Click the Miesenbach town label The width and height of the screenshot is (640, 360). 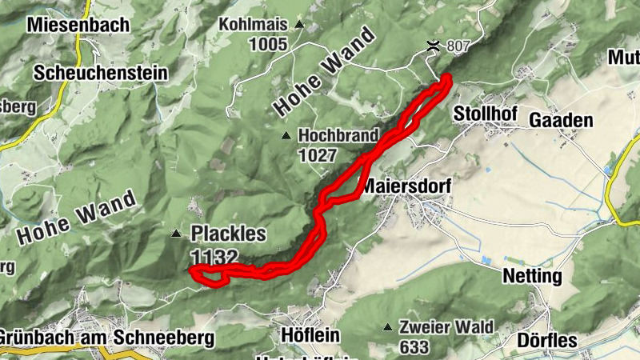[x=78, y=25]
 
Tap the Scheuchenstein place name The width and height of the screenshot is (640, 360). [x=101, y=73]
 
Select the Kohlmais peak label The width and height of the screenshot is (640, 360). [x=254, y=25]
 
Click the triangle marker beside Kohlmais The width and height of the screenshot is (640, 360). [x=299, y=25]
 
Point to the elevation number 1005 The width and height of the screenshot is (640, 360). [x=267, y=44]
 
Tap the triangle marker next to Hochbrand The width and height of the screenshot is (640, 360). [x=286, y=134]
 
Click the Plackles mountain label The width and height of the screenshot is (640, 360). [x=227, y=234]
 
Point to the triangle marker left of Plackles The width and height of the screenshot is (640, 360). [x=176, y=234]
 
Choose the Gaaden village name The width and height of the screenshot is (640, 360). [x=561, y=121]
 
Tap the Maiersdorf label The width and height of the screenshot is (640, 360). [x=406, y=186]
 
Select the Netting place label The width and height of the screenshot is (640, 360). [x=532, y=277]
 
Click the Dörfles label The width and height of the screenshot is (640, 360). [x=547, y=340]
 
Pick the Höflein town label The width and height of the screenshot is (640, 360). [x=311, y=334]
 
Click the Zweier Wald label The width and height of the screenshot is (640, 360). [x=449, y=327]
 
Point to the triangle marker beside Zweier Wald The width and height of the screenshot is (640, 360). [x=388, y=327]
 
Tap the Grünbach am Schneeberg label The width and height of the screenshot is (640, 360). [x=107, y=338]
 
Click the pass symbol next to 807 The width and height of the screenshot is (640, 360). [x=433, y=46]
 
